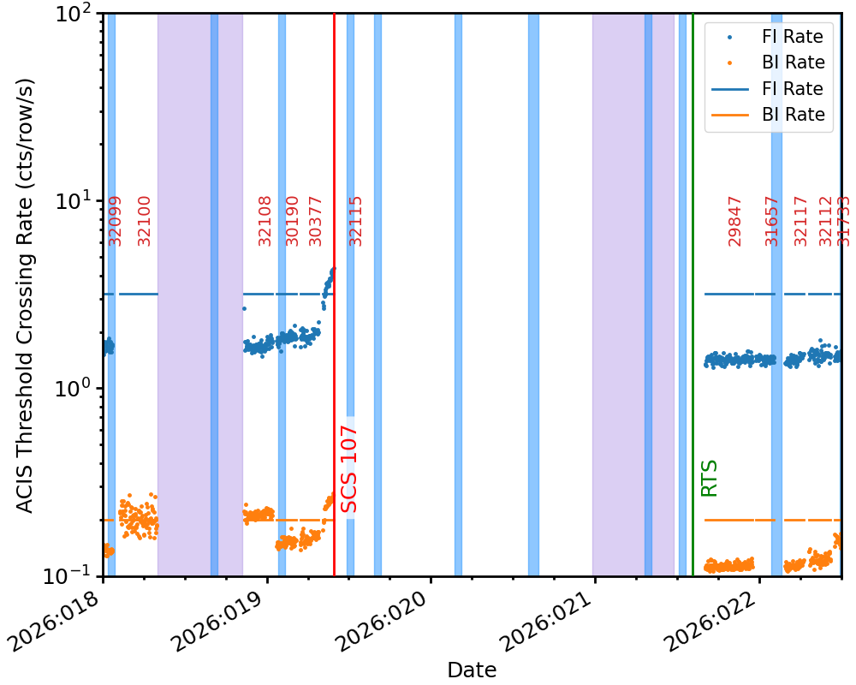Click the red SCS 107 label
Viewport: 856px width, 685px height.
click(x=349, y=469)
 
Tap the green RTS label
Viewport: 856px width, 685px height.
click(x=709, y=478)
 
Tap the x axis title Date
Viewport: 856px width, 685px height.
click(x=472, y=669)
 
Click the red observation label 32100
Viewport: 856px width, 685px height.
click(x=145, y=221)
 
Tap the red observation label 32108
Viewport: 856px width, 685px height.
click(x=265, y=221)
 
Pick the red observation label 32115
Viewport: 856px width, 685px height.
click(x=356, y=221)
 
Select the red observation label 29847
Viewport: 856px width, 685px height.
click(x=735, y=221)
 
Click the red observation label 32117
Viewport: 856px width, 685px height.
click(x=801, y=221)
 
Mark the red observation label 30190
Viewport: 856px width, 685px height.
click(x=293, y=221)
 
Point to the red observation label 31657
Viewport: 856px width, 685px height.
click(x=772, y=221)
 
